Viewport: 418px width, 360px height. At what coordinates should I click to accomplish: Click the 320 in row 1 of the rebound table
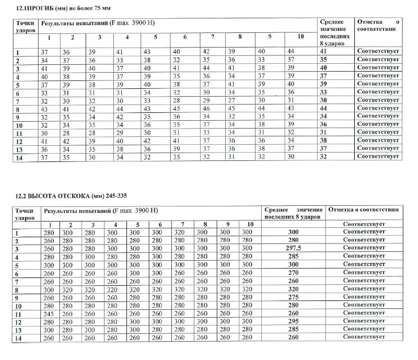coord(179,231)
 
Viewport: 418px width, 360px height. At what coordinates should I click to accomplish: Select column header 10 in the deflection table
coord(300,37)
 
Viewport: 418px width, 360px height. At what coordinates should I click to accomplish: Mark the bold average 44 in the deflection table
coord(324,108)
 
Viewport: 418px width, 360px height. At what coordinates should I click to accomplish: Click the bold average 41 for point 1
coord(324,52)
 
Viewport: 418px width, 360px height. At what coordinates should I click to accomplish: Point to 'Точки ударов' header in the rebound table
coord(26,213)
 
